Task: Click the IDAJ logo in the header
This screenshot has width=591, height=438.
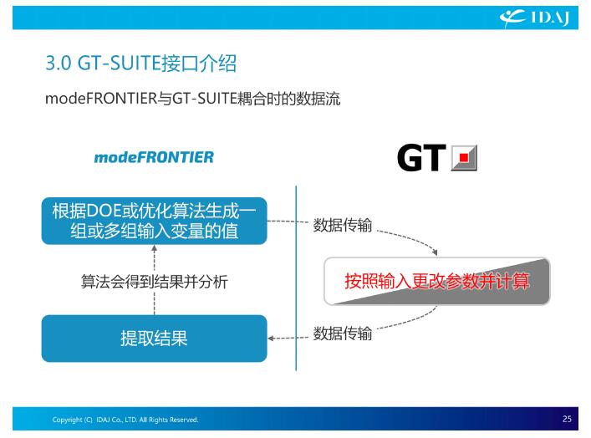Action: (x=534, y=18)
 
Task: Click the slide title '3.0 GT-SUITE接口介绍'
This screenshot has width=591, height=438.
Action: (x=141, y=63)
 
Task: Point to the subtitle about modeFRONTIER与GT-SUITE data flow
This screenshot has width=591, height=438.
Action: (x=192, y=99)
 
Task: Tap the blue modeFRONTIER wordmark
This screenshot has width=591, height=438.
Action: (x=154, y=157)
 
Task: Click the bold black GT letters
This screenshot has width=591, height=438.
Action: (x=421, y=157)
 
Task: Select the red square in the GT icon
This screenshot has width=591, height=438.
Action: (x=464, y=157)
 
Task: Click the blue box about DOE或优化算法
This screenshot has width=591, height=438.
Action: (x=154, y=221)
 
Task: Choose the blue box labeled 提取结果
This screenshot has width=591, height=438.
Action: (x=154, y=338)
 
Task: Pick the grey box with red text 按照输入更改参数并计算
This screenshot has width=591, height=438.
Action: (x=437, y=281)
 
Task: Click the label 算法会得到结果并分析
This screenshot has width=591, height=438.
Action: (x=154, y=282)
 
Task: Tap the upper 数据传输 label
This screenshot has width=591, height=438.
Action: (x=343, y=225)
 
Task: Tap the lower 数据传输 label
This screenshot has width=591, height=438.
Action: (x=343, y=334)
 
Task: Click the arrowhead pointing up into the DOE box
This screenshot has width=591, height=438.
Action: (x=154, y=248)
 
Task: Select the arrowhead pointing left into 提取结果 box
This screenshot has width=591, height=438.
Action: (x=271, y=338)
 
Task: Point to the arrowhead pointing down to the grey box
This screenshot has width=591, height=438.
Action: (x=435, y=252)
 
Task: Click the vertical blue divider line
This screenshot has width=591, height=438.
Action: (x=296, y=278)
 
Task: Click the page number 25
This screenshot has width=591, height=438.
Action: (x=567, y=419)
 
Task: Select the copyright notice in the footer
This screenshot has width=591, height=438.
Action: (x=125, y=420)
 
